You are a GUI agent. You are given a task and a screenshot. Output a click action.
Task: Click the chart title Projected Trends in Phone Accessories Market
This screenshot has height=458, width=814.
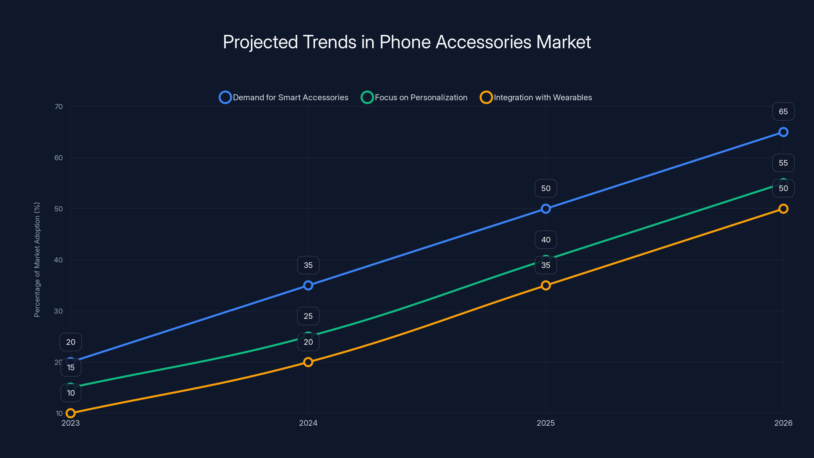(x=407, y=42)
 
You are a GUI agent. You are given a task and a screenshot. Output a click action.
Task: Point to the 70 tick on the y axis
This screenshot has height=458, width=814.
(x=59, y=107)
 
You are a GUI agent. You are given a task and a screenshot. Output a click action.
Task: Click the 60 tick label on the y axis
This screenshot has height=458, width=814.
(x=59, y=158)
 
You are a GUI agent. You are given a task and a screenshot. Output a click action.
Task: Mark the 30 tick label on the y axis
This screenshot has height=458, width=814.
(x=59, y=311)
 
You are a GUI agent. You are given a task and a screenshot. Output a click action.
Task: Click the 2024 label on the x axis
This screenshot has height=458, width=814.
(x=308, y=423)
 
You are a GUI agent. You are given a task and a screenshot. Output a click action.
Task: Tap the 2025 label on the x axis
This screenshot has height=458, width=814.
(x=546, y=423)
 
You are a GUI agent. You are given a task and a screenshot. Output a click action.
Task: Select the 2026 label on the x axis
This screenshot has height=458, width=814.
(x=783, y=423)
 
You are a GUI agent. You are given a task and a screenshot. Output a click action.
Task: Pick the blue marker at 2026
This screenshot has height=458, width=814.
(x=783, y=132)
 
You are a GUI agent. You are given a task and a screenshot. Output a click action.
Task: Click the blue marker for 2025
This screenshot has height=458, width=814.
(x=546, y=209)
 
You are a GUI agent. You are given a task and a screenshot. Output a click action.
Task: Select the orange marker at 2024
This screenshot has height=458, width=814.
(x=308, y=362)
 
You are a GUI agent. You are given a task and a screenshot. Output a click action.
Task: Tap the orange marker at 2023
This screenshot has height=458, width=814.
(x=70, y=413)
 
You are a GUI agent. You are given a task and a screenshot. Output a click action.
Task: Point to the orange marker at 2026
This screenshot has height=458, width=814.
(x=783, y=209)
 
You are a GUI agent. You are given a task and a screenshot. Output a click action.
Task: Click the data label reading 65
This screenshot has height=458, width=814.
(x=783, y=112)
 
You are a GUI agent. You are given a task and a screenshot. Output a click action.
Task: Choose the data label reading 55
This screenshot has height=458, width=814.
(x=783, y=163)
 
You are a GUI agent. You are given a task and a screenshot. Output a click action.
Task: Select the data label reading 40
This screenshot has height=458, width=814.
(x=546, y=240)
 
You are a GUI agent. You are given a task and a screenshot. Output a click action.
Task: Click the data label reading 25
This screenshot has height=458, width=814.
(x=308, y=316)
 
